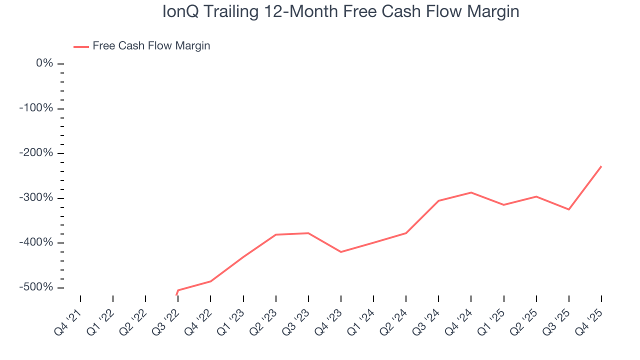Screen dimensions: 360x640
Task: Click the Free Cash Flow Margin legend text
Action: pos(151,46)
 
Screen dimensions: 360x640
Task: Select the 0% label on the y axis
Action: pos(44,63)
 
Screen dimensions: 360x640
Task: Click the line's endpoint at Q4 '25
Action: pos(601,166)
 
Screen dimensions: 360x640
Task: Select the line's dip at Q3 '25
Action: pos(568,209)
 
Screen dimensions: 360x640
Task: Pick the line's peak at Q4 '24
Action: pos(471,192)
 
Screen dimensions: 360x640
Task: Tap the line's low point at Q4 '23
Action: pos(341,252)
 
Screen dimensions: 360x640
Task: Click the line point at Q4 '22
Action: pos(210,281)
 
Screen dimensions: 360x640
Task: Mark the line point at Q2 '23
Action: pos(276,234)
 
